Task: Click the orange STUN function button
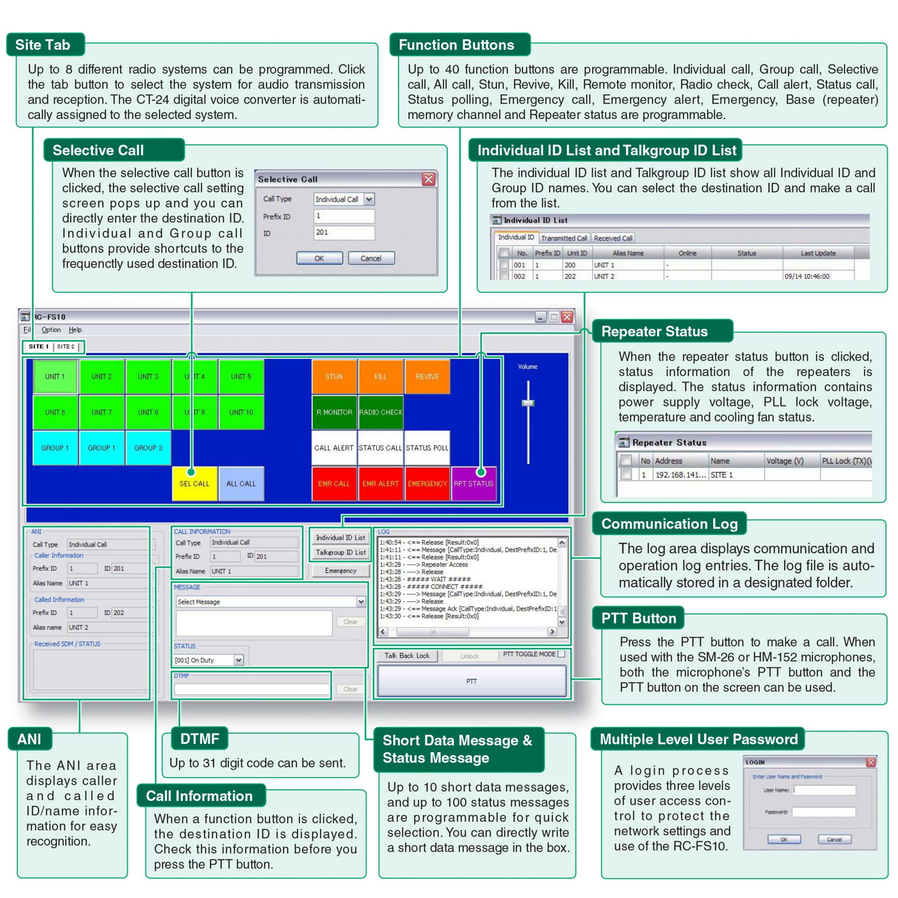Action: [334, 377]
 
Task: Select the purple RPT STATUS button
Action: [474, 483]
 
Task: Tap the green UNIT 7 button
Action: [101, 412]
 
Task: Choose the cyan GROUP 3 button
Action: [148, 448]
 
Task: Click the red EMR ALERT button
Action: [380, 483]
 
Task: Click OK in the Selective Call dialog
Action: [319, 258]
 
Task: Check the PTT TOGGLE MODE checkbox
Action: [562, 654]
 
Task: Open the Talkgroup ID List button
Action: [341, 552]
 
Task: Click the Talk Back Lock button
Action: [407, 656]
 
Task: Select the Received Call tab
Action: [613, 238]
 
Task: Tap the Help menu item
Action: [75, 330]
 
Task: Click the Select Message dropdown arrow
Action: [361, 602]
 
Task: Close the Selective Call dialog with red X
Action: [428, 179]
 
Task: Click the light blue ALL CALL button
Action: [241, 483]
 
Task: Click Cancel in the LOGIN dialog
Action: [834, 839]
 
